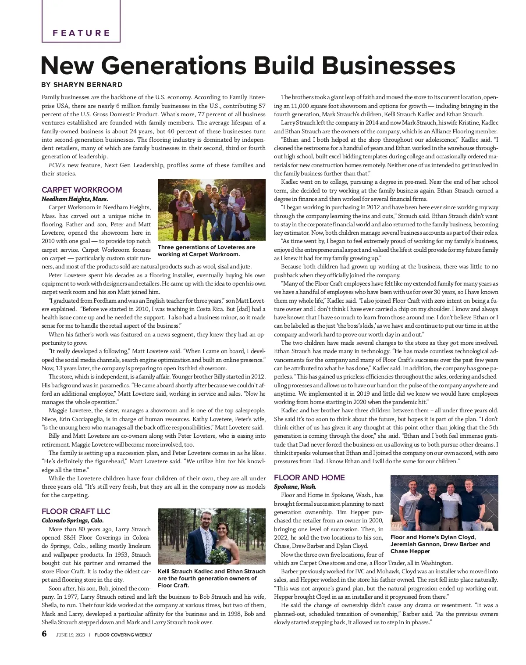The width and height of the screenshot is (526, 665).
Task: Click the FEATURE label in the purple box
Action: tap(81, 33)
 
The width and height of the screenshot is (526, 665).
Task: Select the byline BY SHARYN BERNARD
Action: tap(82, 85)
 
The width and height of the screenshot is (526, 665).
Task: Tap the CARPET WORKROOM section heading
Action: tap(82, 190)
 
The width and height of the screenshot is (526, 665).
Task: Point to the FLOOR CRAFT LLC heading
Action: tap(76, 511)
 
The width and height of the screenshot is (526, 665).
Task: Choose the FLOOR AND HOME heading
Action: tap(309, 478)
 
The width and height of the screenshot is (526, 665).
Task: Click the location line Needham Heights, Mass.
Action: tap(75, 199)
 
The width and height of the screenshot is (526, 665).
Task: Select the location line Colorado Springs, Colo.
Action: tap(72, 521)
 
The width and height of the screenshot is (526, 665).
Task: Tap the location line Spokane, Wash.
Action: tap(295, 486)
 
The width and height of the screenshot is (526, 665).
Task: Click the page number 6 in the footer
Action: tap(44, 634)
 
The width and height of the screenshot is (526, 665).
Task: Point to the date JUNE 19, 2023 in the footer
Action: tap(70, 635)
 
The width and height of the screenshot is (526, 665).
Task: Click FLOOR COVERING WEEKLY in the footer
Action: tap(123, 635)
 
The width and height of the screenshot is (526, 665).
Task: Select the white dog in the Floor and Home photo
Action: tap(487, 525)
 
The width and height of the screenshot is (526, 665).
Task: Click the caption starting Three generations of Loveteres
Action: tap(206, 250)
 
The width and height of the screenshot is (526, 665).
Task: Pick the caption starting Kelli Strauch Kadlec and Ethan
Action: tap(211, 578)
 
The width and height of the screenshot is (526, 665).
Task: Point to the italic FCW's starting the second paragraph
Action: tap(57, 165)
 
